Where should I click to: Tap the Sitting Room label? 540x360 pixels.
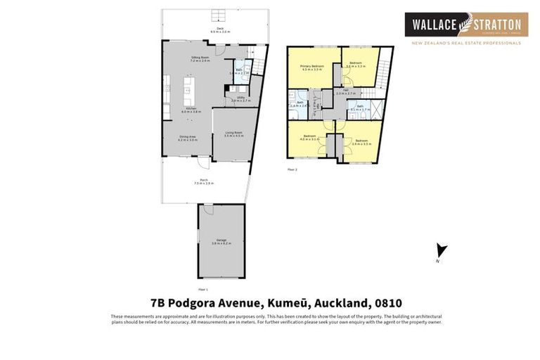[200, 59]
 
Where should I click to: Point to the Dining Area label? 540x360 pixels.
[188, 139]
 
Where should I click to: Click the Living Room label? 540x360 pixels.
[233, 134]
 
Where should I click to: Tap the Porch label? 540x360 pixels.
[204, 181]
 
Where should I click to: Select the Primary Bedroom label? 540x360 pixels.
[312, 67]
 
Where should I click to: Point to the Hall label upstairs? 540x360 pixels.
[346, 91]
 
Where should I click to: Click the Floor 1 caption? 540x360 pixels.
[203, 289]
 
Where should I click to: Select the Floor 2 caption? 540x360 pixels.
[292, 169]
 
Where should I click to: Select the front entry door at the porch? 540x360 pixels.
[203, 164]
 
